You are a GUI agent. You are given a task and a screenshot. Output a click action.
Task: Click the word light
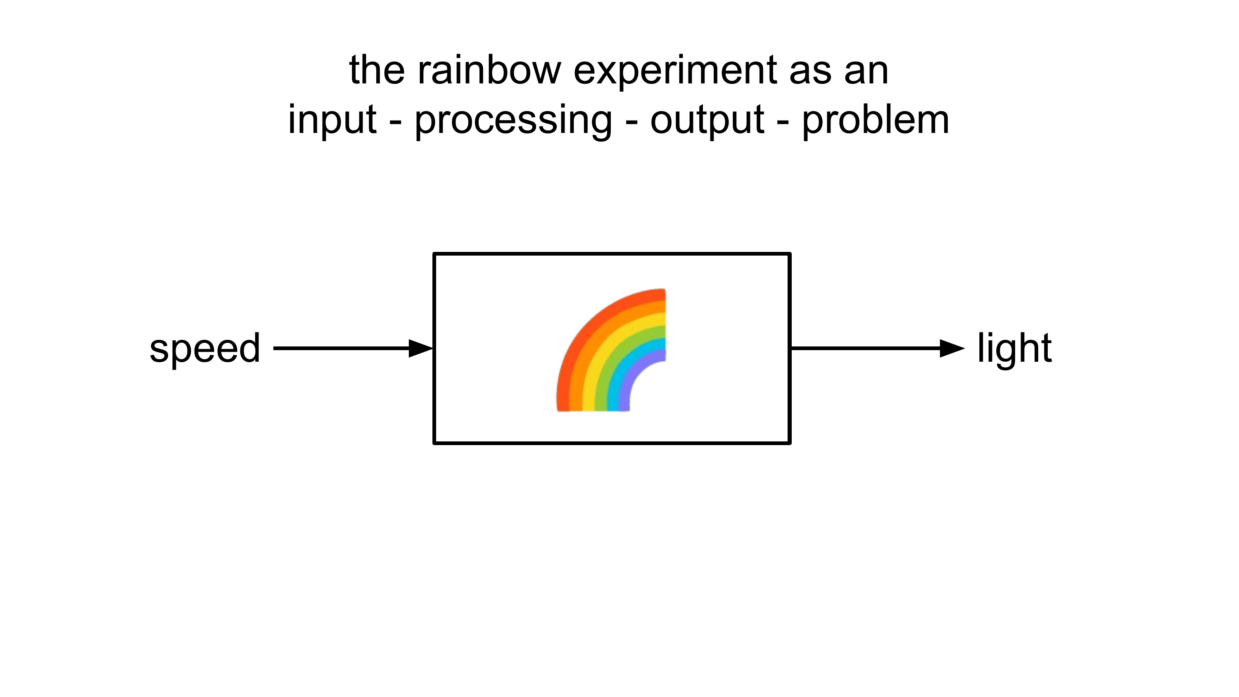(x=1014, y=348)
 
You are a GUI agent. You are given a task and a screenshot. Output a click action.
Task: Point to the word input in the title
(x=332, y=120)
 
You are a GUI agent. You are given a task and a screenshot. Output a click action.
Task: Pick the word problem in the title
(x=876, y=120)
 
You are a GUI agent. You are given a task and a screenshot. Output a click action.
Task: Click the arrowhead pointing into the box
(x=420, y=348)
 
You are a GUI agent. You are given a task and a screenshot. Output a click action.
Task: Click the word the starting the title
(x=376, y=71)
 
